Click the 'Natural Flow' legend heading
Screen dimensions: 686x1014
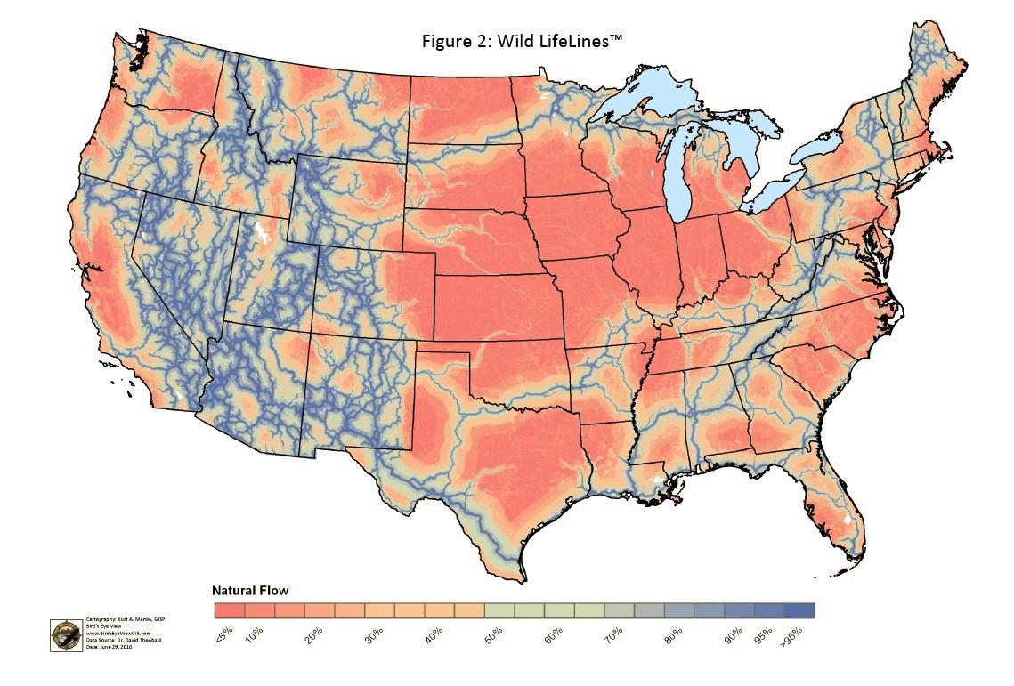(x=249, y=590)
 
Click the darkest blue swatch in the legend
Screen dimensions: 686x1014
(x=799, y=610)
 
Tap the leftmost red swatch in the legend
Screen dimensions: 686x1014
(x=230, y=610)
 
